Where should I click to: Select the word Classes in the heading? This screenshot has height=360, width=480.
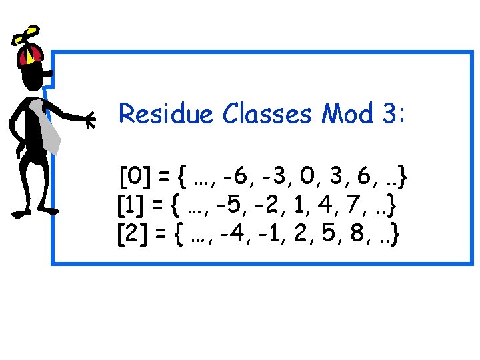click(267, 114)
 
